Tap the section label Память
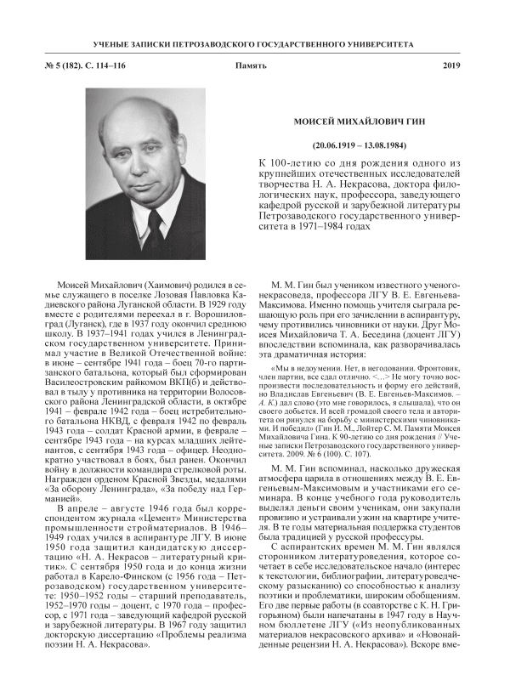254,65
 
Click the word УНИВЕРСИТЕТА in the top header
382,42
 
